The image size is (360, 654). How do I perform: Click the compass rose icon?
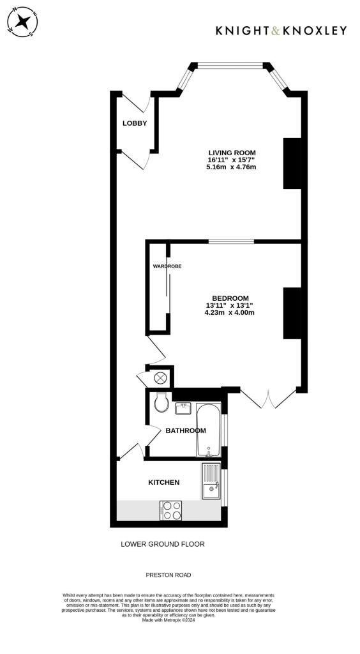22,22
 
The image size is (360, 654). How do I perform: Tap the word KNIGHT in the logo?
241,30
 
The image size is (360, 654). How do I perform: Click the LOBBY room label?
135,123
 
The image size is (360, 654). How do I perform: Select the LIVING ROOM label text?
232,153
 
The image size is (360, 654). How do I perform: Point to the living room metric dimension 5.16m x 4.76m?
231,167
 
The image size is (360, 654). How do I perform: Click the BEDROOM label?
230,298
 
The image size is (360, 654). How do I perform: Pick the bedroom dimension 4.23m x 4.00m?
230,313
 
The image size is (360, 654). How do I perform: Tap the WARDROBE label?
167,266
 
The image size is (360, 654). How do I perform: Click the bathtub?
208,430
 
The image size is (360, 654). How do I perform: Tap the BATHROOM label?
186,431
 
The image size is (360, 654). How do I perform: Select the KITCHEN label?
164,482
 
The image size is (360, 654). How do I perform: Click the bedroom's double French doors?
268,399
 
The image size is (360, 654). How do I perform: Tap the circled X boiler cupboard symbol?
160,377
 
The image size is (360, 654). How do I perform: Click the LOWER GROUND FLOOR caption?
163,545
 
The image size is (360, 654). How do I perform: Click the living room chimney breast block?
292,163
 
